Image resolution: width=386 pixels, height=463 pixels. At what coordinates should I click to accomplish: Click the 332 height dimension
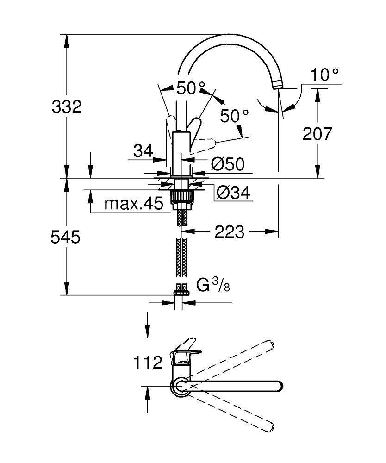66,106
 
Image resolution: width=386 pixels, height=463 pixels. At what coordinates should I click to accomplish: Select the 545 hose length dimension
65,237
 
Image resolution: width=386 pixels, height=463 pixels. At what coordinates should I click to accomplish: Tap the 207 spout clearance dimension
317,133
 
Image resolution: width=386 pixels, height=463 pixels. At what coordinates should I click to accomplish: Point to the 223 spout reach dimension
229,231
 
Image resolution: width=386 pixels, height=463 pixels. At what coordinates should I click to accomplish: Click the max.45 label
134,203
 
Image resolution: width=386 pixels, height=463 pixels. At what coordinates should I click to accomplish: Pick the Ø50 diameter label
228,164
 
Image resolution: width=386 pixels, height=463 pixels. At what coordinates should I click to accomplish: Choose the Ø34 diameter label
233,193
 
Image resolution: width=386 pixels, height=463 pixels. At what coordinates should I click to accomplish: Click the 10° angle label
324,75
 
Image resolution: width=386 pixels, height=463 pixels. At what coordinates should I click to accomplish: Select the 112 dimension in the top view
148,362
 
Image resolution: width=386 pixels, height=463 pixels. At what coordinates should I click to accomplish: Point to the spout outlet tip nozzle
278,84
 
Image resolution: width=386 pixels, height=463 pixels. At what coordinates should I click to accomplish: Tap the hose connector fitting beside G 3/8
181,289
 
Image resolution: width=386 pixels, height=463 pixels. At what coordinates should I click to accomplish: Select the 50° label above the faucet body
191,88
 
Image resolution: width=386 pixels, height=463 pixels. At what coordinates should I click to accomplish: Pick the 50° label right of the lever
235,116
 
